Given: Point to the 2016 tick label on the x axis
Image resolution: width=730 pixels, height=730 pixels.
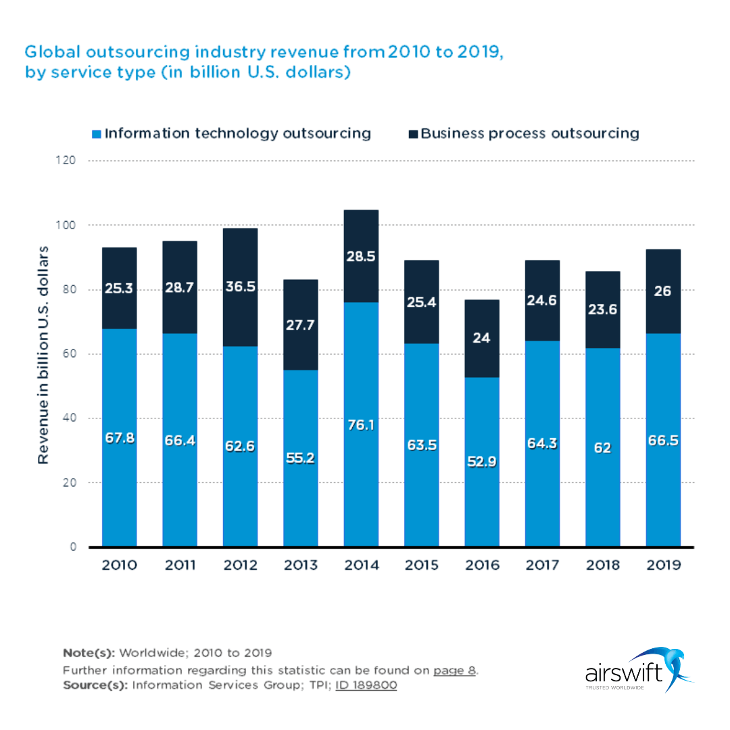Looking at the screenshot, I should click(482, 565).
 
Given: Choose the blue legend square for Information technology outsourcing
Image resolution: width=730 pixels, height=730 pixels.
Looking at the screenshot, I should click(97, 134).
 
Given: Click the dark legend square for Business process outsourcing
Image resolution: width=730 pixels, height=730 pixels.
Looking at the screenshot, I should click(413, 134).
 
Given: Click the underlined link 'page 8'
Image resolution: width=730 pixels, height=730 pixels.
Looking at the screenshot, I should click(455, 671).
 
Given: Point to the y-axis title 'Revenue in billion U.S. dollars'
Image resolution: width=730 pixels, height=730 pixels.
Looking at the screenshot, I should click(43, 354).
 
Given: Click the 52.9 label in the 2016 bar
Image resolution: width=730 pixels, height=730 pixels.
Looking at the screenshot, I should click(482, 462).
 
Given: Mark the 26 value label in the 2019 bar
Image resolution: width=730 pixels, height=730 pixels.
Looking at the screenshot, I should click(663, 291).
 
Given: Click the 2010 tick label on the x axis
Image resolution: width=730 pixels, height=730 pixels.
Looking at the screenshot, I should click(119, 565).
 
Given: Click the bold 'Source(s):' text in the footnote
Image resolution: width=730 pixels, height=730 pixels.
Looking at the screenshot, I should click(95, 685).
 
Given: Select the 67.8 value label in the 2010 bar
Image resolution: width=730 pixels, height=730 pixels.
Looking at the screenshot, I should click(119, 438).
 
